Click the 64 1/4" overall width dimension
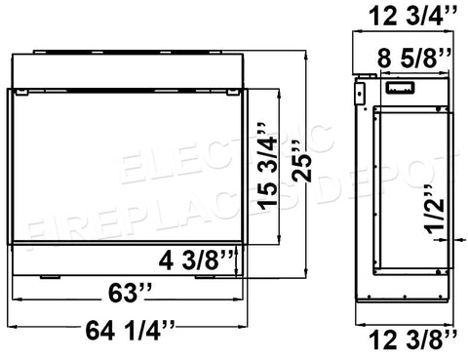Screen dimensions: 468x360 tap(130, 331)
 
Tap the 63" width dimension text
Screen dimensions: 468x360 tap(130, 293)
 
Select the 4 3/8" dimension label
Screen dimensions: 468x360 tap(196, 260)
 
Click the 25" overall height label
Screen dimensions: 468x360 tap(301, 161)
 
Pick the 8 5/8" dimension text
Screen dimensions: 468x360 tap(414, 58)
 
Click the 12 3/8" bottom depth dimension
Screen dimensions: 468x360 tap(413, 340)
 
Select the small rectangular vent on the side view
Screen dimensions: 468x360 tap(400, 88)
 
